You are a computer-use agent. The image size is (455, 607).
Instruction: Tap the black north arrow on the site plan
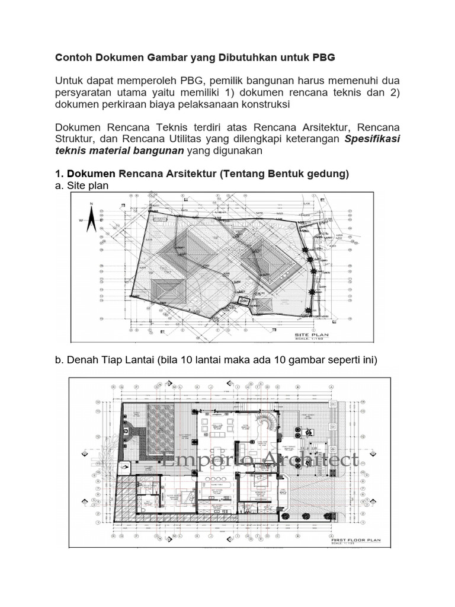(x=91, y=221)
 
